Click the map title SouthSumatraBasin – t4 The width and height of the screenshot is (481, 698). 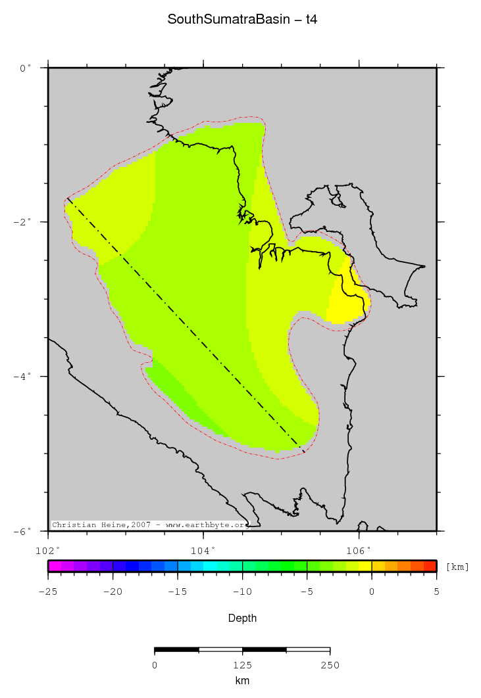pos(242,20)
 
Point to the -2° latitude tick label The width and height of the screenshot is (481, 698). pos(23,222)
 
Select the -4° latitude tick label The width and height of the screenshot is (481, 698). pos(23,377)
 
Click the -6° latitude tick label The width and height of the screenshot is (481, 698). pos(23,531)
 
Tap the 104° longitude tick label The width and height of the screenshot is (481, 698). pos(203,549)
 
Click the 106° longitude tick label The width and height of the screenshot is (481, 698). pos(359,549)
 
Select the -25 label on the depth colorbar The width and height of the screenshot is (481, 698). pos(48,592)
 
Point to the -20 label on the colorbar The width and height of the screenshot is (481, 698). pos(113,592)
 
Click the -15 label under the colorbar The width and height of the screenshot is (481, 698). pos(177,592)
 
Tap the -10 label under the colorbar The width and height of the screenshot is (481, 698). pos(242,592)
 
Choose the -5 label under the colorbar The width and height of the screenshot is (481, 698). pos(307,592)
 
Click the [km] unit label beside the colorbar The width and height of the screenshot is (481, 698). pos(457,567)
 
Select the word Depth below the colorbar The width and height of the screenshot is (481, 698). pos(242,618)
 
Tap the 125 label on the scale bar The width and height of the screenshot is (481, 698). pos(242,665)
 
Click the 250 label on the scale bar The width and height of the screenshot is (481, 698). pos(330,665)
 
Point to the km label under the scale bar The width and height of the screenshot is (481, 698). pos(242,681)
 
